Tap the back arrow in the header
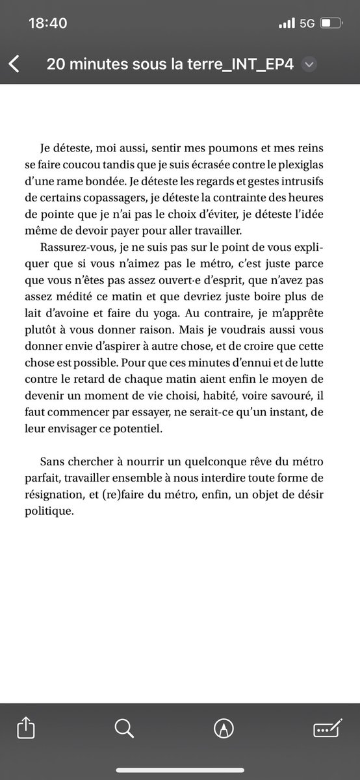14,64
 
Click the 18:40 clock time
48,23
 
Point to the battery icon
331,23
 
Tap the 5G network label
307,23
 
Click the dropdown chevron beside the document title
309,64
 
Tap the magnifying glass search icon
124,746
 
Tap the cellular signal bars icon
286,23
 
